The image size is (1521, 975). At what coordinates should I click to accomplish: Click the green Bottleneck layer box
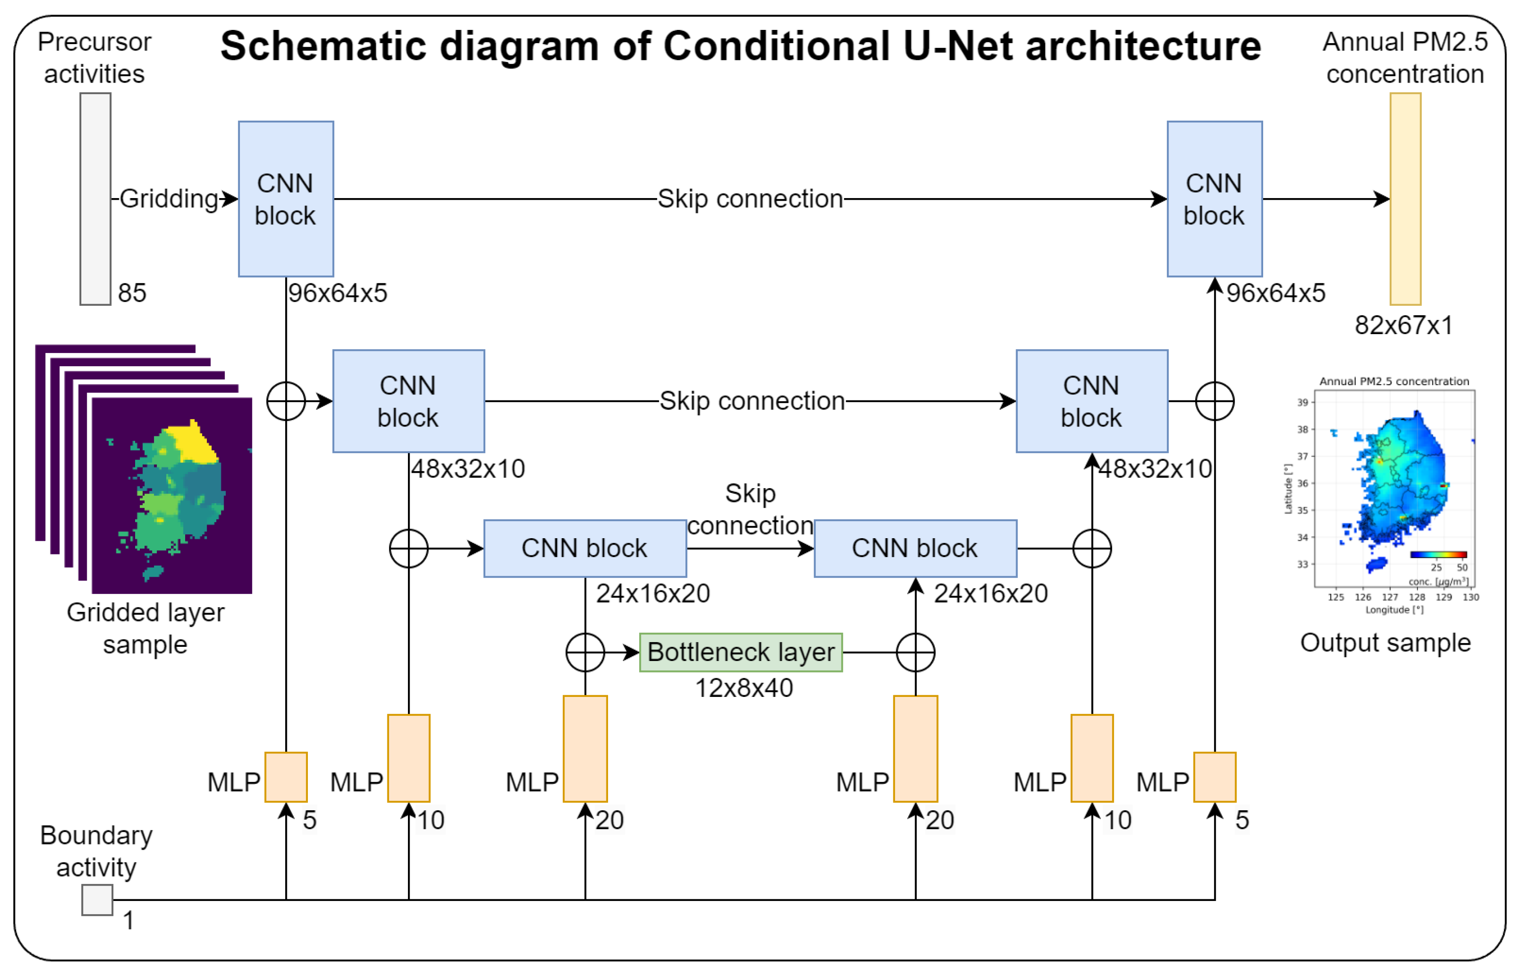coord(740,652)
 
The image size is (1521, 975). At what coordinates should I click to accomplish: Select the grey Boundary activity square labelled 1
coord(97,900)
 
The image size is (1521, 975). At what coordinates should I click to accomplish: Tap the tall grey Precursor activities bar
coord(95,199)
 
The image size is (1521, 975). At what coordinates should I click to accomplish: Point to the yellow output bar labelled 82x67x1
coord(1405,199)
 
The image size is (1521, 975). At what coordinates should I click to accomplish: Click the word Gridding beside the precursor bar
coord(169,199)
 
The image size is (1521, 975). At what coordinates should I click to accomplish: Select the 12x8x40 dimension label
coord(744,688)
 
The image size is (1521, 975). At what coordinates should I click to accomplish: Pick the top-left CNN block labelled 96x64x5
coord(286,199)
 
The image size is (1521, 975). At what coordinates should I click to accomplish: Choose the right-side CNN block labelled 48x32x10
coord(1091,401)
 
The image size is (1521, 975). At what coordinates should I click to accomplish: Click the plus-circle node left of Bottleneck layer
coord(585,652)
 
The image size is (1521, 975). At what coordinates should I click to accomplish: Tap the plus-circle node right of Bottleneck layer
coord(916,652)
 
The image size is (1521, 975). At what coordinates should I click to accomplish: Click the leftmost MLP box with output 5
coord(286,777)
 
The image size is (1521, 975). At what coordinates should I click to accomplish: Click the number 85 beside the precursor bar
coord(132,293)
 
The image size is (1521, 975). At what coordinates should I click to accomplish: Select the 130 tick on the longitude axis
coord(1471,597)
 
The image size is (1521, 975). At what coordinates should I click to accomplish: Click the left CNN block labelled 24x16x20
coord(585,548)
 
